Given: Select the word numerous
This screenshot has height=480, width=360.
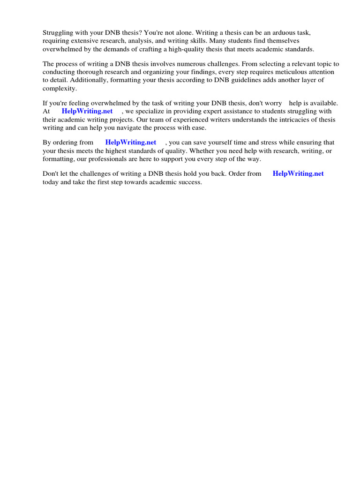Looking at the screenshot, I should click(x=188, y=64).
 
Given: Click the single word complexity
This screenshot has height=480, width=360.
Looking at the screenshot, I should click(x=60, y=88).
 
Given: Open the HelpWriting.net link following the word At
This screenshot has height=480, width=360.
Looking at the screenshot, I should click(x=87, y=111).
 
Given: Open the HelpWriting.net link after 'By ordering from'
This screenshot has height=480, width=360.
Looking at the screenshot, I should click(x=131, y=142).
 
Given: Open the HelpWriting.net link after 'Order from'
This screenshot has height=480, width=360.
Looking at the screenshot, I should click(x=298, y=173).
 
